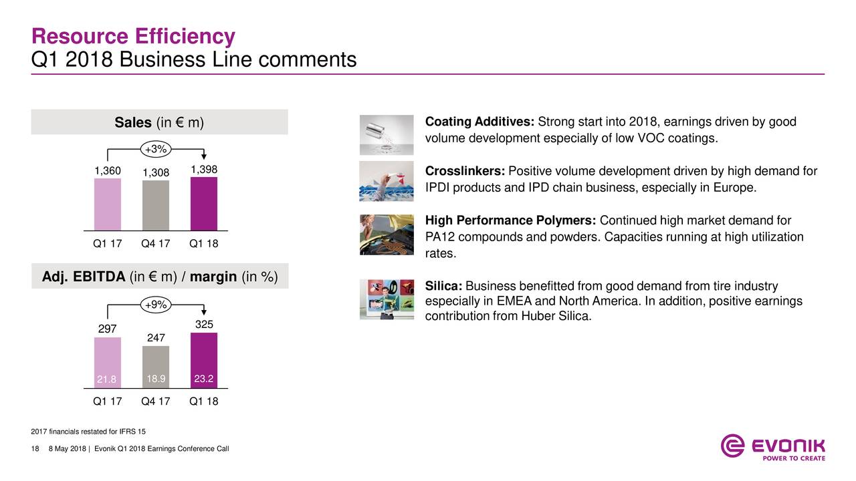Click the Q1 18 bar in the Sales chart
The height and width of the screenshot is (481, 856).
204,204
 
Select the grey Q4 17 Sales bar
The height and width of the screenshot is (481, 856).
156,205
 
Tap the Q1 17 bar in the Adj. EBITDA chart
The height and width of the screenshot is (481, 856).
108,363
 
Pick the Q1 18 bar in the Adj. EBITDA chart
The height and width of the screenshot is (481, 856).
204,360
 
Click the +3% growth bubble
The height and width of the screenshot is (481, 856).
156,149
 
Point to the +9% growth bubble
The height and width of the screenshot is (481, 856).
156,305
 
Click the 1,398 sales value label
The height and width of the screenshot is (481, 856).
204,170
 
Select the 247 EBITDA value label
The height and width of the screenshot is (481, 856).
156,337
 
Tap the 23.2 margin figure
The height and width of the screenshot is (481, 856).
204,379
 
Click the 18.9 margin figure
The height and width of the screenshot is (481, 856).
156,379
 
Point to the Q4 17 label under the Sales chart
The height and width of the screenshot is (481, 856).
156,244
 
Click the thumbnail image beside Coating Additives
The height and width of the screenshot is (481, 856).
387,135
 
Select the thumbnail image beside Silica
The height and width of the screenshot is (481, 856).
387,299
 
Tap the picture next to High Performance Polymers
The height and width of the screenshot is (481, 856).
387,234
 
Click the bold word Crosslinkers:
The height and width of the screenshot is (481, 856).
465,171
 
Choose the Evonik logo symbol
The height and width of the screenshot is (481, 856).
732,446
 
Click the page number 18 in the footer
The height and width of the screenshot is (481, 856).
35,449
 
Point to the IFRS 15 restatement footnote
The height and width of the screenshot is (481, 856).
88,432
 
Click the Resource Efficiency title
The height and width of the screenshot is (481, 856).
133,36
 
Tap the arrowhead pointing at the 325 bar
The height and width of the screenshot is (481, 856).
204,312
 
